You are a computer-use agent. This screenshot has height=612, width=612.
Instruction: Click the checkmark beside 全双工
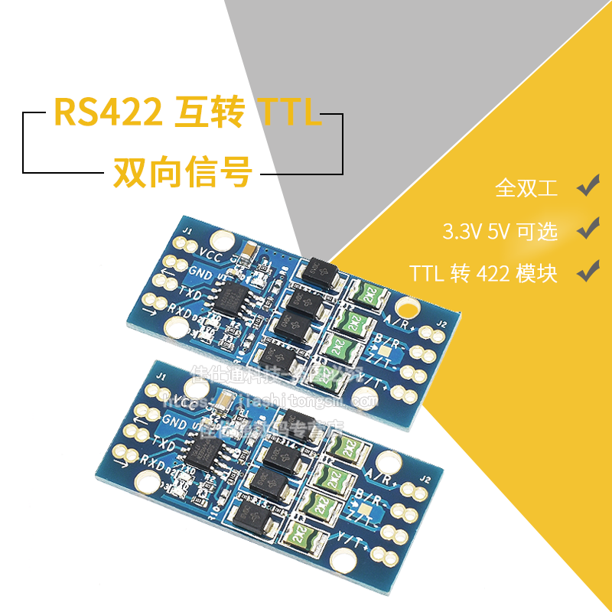(x=587, y=185)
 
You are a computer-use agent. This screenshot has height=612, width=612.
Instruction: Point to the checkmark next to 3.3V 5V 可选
(x=587, y=228)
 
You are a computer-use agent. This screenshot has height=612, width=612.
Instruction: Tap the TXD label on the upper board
(x=190, y=291)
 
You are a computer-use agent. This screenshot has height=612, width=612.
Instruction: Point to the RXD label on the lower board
(x=154, y=459)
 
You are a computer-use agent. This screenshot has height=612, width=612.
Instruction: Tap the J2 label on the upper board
(x=440, y=324)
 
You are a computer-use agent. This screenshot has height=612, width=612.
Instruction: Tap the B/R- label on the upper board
(x=386, y=341)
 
